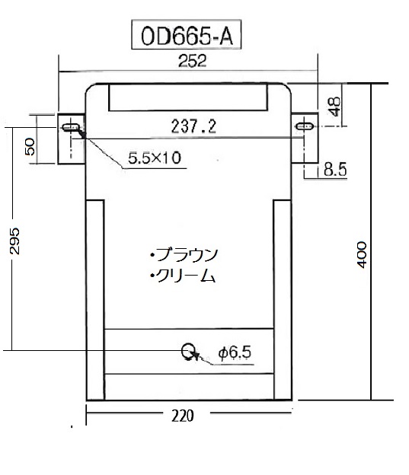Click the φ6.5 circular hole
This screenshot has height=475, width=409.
(x=188, y=350)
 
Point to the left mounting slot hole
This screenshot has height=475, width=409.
(x=72, y=126)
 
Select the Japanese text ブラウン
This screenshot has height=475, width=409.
(x=187, y=253)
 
